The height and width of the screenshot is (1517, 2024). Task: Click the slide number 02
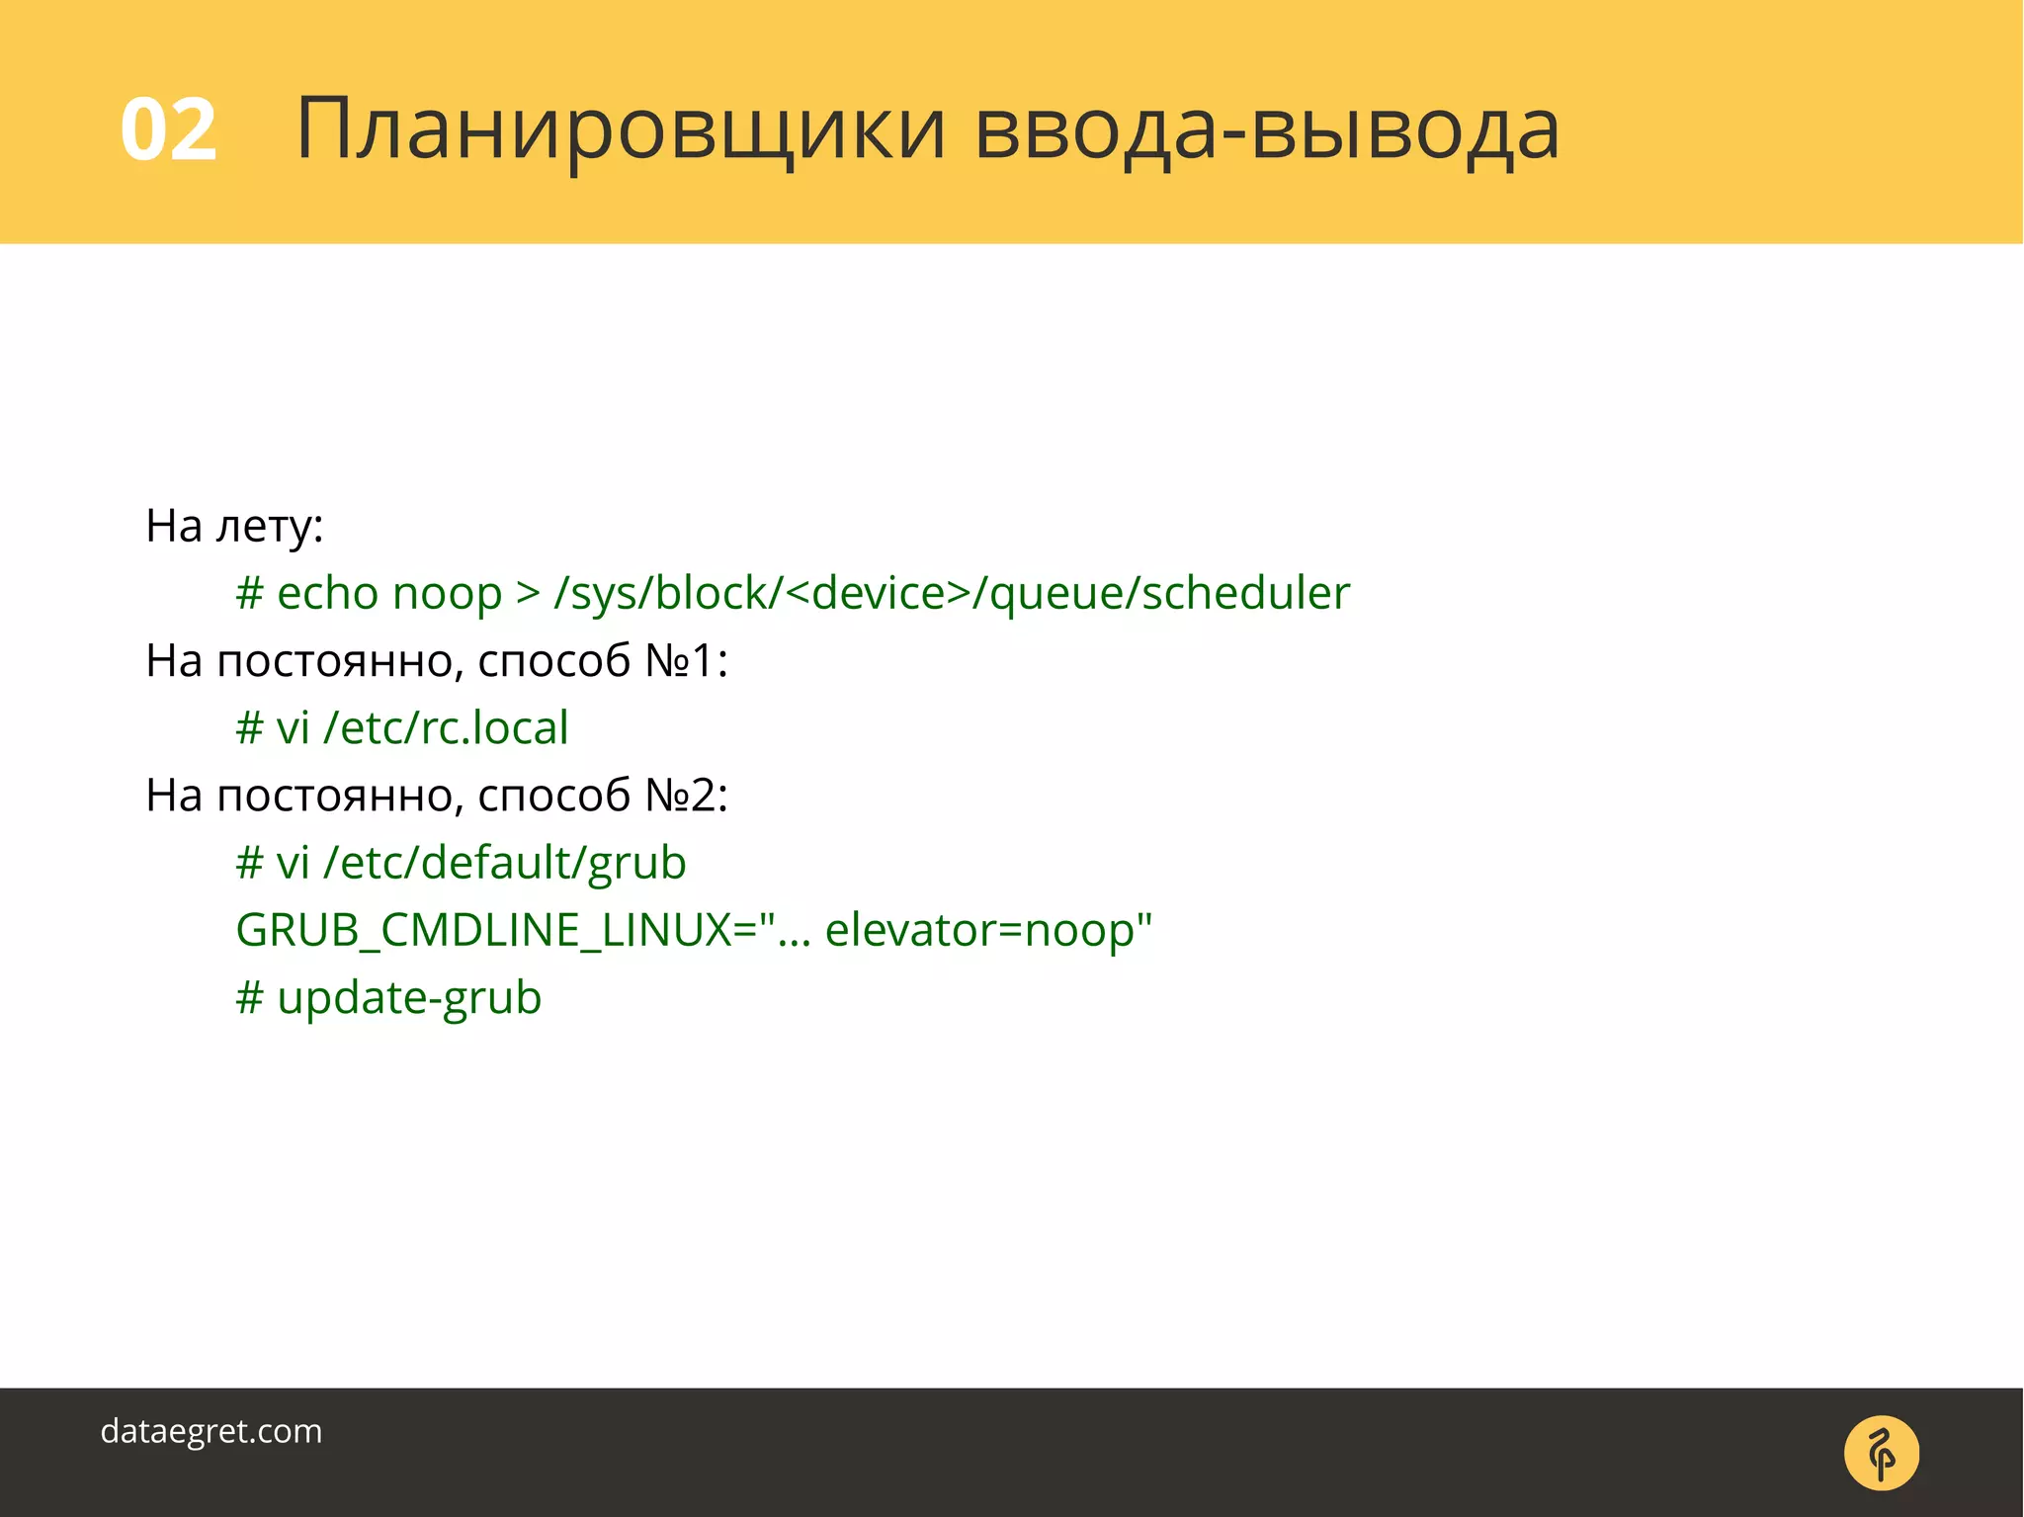(x=168, y=129)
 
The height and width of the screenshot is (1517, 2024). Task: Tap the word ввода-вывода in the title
(x=1267, y=129)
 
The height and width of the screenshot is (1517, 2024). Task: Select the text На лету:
(x=234, y=526)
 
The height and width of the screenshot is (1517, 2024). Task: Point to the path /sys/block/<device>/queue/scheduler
(x=952, y=593)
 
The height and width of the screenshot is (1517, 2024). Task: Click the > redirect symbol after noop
(x=528, y=593)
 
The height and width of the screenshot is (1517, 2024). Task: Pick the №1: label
(x=686, y=660)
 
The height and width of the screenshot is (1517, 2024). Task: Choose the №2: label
(x=686, y=795)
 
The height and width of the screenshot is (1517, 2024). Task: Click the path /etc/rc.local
(x=446, y=727)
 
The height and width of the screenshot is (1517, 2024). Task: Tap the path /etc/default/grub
(x=505, y=863)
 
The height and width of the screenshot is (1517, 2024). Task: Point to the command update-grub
(x=409, y=997)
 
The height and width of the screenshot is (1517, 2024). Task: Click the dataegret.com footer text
(x=211, y=1431)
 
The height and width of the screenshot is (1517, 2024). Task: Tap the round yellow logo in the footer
(x=1882, y=1453)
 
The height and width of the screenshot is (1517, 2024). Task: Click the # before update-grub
(x=249, y=997)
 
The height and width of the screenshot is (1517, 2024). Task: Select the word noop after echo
(x=448, y=593)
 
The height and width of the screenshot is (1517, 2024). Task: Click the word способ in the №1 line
(x=553, y=660)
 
